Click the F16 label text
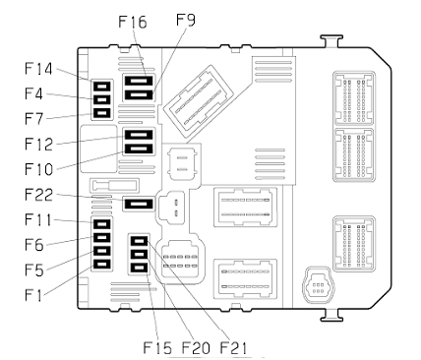click(x=133, y=22)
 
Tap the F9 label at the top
click(x=186, y=20)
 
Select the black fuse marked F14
click(x=102, y=87)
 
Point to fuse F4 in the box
click(x=102, y=99)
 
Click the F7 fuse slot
click(x=102, y=113)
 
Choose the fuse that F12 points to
click(x=139, y=135)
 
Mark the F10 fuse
click(x=139, y=149)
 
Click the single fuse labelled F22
click(x=139, y=205)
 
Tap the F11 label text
click(x=38, y=219)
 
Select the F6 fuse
click(x=102, y=237)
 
